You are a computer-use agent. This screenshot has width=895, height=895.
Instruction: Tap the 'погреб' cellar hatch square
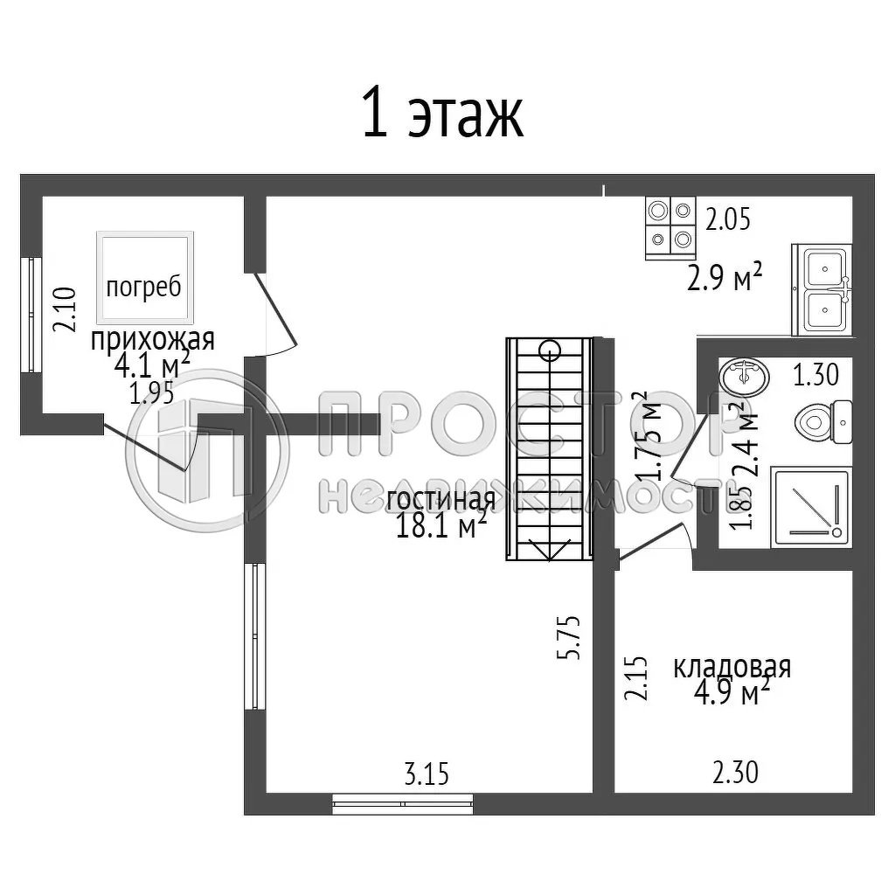[x=145, y=279]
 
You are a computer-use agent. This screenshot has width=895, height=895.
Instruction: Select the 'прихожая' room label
[x=152, y=339]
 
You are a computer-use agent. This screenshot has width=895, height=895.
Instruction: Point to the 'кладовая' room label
[x=731, y=667]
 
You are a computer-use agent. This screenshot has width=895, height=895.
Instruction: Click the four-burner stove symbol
[x=670, y=226]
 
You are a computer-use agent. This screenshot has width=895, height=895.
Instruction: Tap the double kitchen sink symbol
[x=822, y=289]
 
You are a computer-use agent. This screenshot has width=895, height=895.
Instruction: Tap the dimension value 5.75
[x=573, y=637]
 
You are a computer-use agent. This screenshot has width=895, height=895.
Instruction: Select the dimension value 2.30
[x=735, y=773]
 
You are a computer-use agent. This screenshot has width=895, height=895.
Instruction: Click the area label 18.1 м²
[x=441, y=527]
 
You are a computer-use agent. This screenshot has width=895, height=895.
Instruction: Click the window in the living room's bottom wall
[x=403, y=803]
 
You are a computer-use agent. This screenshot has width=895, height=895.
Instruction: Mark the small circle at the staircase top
[x=550, y=351]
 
